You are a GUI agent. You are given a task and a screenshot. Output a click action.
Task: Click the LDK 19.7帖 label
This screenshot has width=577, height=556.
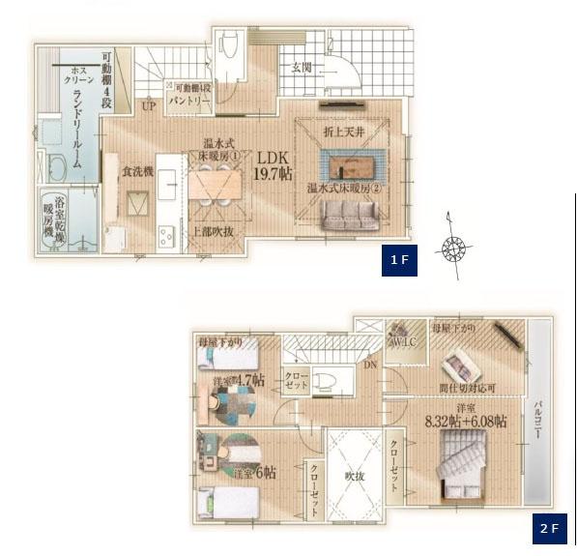click(272, 166)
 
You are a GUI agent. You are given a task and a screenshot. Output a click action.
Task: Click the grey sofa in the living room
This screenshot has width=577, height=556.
click(351, 220)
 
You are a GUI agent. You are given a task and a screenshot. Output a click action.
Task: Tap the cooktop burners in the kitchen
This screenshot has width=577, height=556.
click(163, 233)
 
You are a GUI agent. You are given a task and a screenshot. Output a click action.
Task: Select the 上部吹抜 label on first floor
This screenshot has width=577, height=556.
click(217, 231)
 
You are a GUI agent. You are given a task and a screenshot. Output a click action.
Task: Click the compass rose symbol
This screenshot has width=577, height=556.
click(453, 249)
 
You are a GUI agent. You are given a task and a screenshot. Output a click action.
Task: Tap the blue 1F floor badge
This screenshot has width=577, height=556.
click(399, 259)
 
